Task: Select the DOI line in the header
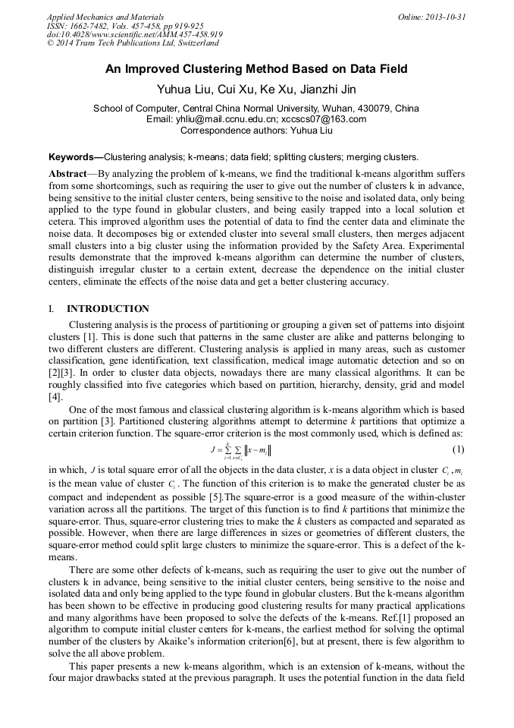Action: click(x=135, y=34)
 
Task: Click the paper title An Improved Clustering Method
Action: click(x=256, y=69)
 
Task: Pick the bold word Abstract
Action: click(x=69, y=174)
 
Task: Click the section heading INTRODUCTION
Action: click(x=108, y=309)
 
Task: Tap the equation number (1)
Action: click(x=457, y=449)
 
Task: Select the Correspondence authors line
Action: click(x=256, y=130)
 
